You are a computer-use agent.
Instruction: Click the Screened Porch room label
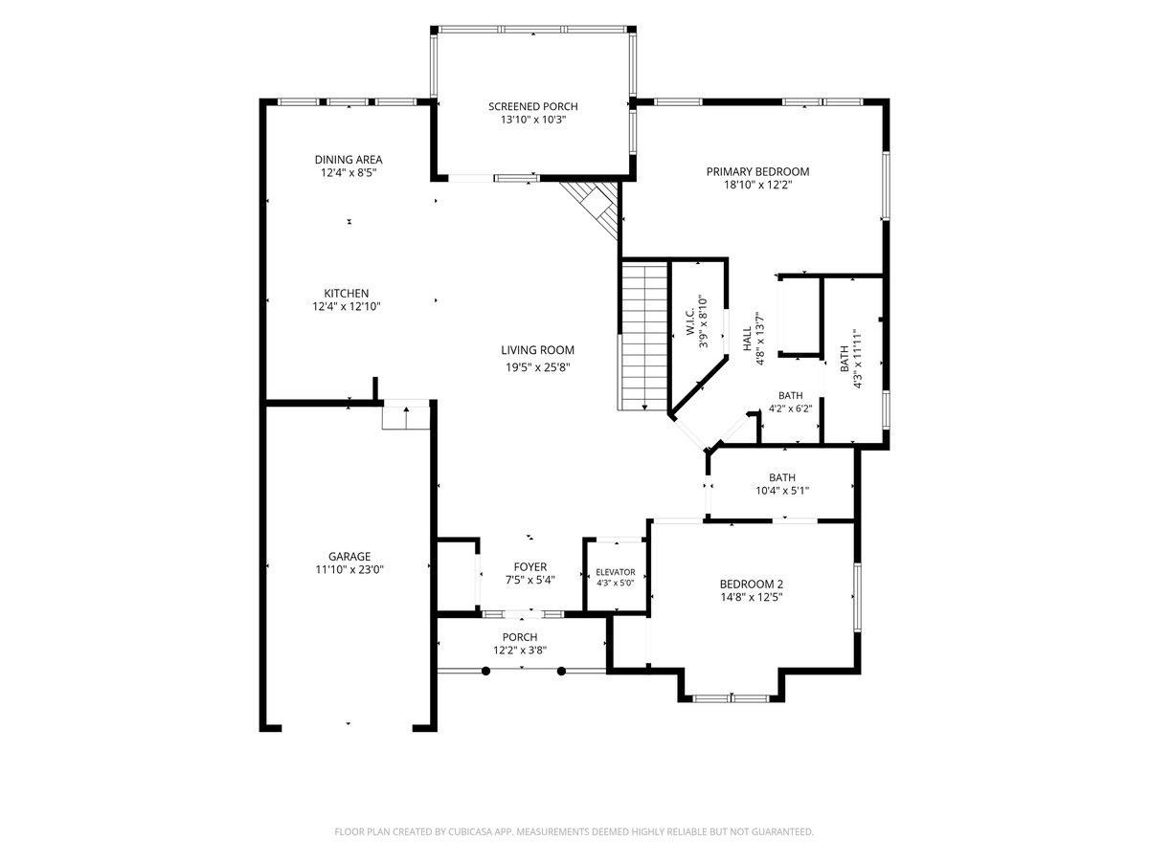tap(533, 106)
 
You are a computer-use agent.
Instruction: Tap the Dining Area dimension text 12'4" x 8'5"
tap(349, 173)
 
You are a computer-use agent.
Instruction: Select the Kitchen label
tap(346, 294)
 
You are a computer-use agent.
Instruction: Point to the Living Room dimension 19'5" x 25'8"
tap(537, 367)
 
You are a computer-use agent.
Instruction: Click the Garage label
tap(349, 556)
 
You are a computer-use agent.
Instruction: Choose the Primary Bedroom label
tap(757, 171)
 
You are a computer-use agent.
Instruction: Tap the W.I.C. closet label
tap(690, 322)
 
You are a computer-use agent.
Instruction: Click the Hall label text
tap(747, 340)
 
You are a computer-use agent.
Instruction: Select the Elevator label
tap(616, 572)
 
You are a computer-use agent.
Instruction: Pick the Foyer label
tap(530, 566)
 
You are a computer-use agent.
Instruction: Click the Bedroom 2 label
tap(752, 584)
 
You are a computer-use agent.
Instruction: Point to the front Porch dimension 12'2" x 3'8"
tap(520, 651)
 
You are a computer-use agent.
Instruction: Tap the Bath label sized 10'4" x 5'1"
tap(782, 477)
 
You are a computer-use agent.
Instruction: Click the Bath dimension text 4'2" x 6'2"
tap(791, 408)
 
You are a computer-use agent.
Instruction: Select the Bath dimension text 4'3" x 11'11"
tap(857, 359)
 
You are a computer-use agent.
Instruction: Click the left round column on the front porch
tap(485, 672)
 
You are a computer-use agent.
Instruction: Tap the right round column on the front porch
tap(562, 672)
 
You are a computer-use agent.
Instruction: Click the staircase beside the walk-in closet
tap(643, 337)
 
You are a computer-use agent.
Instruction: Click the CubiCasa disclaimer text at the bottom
tap(574, 831)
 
